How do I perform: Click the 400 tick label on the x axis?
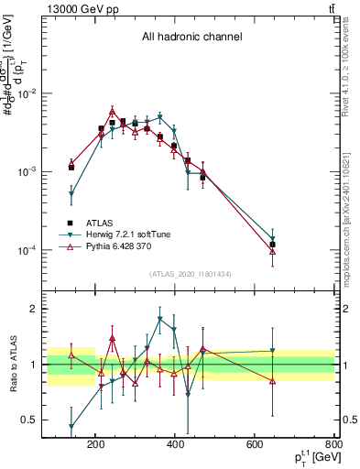[x=176, y=446]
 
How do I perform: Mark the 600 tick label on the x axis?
[x=256, y=446]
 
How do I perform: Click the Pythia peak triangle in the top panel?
[x=113, y=110]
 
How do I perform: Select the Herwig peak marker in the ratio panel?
[x=160, y=320]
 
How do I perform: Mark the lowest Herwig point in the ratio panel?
[x=71, y=427]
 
